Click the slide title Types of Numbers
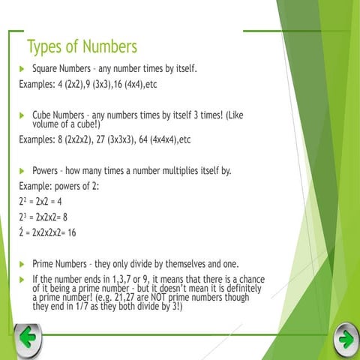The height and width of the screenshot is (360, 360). tap(82, 46)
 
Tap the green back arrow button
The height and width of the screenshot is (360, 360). tap(27, 338)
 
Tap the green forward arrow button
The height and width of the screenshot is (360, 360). tap(346, 338)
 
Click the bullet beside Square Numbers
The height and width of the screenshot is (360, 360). tap(22, 69)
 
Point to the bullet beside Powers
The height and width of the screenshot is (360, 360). tap(22, 170)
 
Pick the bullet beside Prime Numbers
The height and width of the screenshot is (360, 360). tap(22, 264)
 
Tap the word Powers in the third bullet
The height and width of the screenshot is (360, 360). tap(47, 170)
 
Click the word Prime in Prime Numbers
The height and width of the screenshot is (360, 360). tap(44, 264)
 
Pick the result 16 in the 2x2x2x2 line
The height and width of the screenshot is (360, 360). tap(72, 232)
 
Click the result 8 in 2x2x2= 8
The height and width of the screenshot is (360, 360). tap(64, 217)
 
